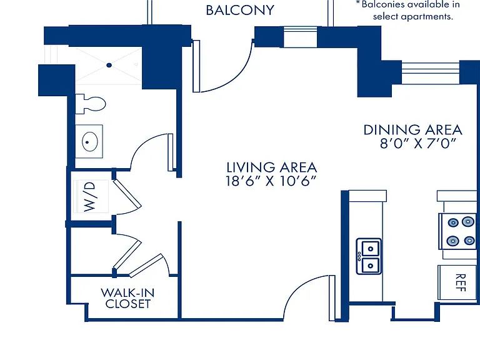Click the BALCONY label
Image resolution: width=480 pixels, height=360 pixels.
[240, 10]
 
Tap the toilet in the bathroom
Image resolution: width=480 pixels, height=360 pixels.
[91, 104]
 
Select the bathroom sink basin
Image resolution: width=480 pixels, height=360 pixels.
[90, 141]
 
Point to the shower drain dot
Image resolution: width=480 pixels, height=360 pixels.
[109, 65]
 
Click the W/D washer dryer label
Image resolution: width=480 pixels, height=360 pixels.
[89, 196]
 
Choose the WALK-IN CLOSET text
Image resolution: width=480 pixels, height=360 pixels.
[127, 298]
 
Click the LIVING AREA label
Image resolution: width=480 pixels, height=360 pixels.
[271, 167]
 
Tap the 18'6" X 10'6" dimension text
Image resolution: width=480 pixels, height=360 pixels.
[271, 181]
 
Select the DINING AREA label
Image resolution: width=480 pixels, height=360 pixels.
[412, 130]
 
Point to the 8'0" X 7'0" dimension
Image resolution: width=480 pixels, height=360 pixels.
[418, 143]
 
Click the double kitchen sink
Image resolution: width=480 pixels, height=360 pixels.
[369, 256]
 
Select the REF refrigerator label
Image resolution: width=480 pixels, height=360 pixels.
[461, 282]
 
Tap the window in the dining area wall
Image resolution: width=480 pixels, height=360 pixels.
[431, 72]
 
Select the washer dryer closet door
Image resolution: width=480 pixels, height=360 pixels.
[127, 194]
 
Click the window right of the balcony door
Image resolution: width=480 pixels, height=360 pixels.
[300, 37]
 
